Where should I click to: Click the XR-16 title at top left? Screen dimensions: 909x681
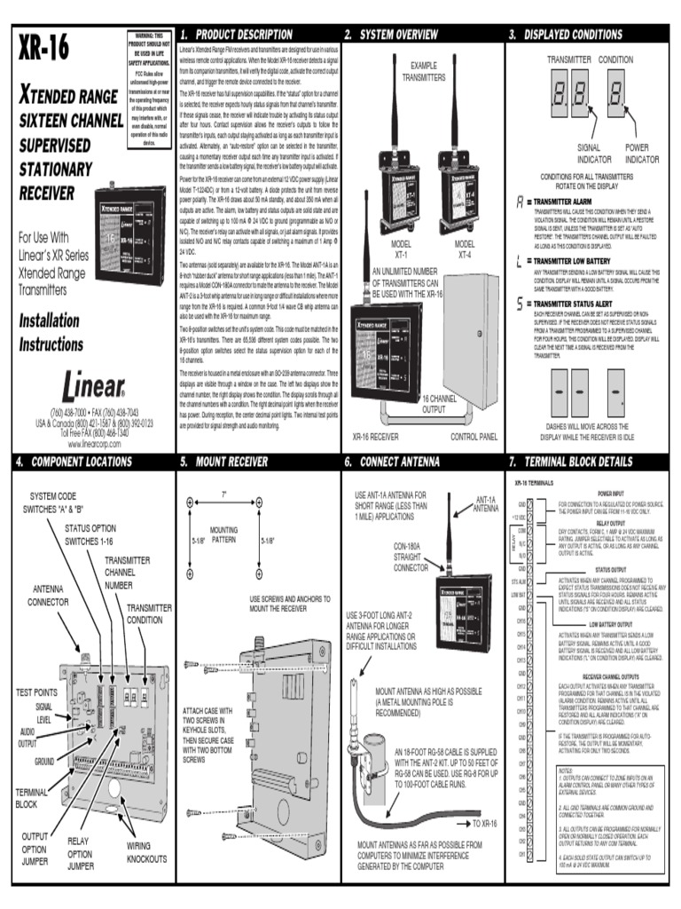(43, 51)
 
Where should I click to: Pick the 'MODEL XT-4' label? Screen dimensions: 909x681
(465, 249)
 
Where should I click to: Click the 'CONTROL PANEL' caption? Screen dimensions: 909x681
(475, 437)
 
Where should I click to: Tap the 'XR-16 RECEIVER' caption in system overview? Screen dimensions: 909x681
(375, 437)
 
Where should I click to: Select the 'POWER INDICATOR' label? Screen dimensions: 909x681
(636, 153)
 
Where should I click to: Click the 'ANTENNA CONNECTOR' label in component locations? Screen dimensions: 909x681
(48, 596)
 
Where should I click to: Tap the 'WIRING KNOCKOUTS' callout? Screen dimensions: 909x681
(145, 852)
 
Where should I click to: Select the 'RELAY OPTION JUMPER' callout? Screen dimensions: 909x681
(80, 852)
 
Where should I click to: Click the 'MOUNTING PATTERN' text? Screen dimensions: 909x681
(223, 534)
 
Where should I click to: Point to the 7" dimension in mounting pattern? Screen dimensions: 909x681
(223, 494)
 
